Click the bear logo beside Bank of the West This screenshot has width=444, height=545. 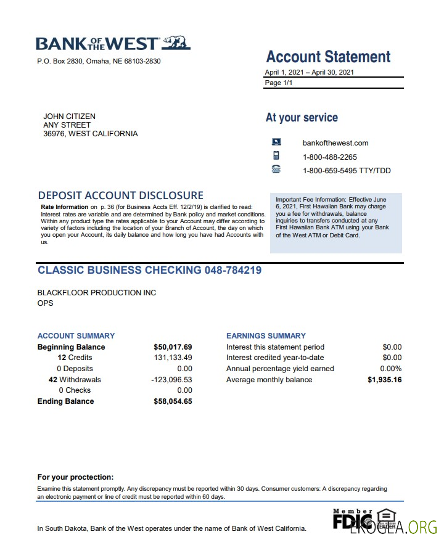click(x=177, y=43)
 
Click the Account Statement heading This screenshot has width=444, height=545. click(x=328, y=57)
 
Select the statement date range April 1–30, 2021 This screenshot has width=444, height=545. click(x=310, y=72)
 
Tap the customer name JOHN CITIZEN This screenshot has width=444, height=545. click(x=69, y=117)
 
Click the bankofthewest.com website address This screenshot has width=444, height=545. click(x=335, y=143)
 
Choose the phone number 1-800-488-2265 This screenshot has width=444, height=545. click(x=330, y=157)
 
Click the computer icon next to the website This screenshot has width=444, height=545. click(x=276, y=142)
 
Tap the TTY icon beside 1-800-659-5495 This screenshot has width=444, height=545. click(x=276, y=170)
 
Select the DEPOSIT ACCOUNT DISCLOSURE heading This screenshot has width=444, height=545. click(x=120, y=195)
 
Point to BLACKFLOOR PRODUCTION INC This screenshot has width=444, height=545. click(x=97, y=293)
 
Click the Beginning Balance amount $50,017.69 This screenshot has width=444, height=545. click(x=173, y=347)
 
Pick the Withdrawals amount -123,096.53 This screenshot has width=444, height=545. click(x=171, y=380)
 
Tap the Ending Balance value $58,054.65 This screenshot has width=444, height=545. click(x=173, y=401)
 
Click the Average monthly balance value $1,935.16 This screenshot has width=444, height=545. click(x=384, y=380)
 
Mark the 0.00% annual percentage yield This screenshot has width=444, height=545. click(x=390, y=369)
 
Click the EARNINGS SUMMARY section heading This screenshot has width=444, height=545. click(x=266, y=336)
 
